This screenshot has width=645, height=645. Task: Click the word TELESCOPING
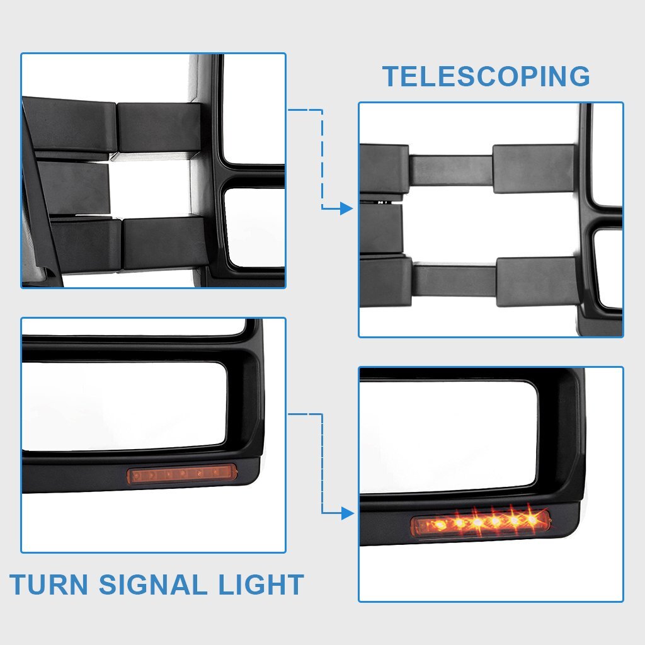coord(486,76)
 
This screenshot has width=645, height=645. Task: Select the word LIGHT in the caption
coord(261,584)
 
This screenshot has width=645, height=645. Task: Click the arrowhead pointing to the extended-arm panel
coord(347,208)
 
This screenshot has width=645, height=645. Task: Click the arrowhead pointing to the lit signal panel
coord(348,513)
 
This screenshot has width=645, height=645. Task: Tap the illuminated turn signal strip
coord(481,522)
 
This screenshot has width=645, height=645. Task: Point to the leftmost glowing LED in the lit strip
coord(440,525)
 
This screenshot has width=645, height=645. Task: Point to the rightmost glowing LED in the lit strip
coord(532,520)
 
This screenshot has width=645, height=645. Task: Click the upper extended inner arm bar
coord(451,170)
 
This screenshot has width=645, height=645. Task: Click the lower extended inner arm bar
coord(455,281)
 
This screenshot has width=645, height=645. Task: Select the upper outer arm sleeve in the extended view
coord(534,169)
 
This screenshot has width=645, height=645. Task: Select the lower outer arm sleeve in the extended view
coord(537,282)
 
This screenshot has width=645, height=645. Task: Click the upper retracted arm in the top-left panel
coord(111,127)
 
